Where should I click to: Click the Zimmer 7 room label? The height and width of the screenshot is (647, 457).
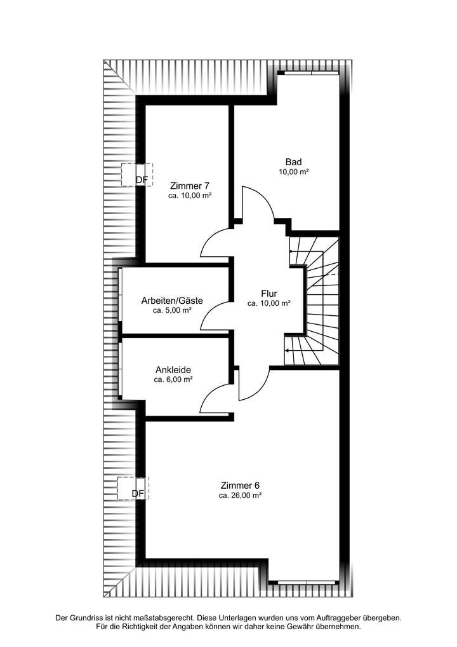[190, 186]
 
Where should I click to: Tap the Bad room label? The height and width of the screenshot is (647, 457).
[293, 161]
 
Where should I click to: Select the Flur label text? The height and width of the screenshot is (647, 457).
[269, 293]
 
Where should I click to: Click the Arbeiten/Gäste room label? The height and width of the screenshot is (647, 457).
[172, 301]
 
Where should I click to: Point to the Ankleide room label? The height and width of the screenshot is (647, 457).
[173, 369]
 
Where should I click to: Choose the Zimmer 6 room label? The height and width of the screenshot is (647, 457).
[240, 484]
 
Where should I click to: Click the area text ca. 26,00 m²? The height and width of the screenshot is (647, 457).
[240, 495]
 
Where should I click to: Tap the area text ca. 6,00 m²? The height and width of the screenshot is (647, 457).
[173, 379]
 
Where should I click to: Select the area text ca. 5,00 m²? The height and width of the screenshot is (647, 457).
[172, 311]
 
